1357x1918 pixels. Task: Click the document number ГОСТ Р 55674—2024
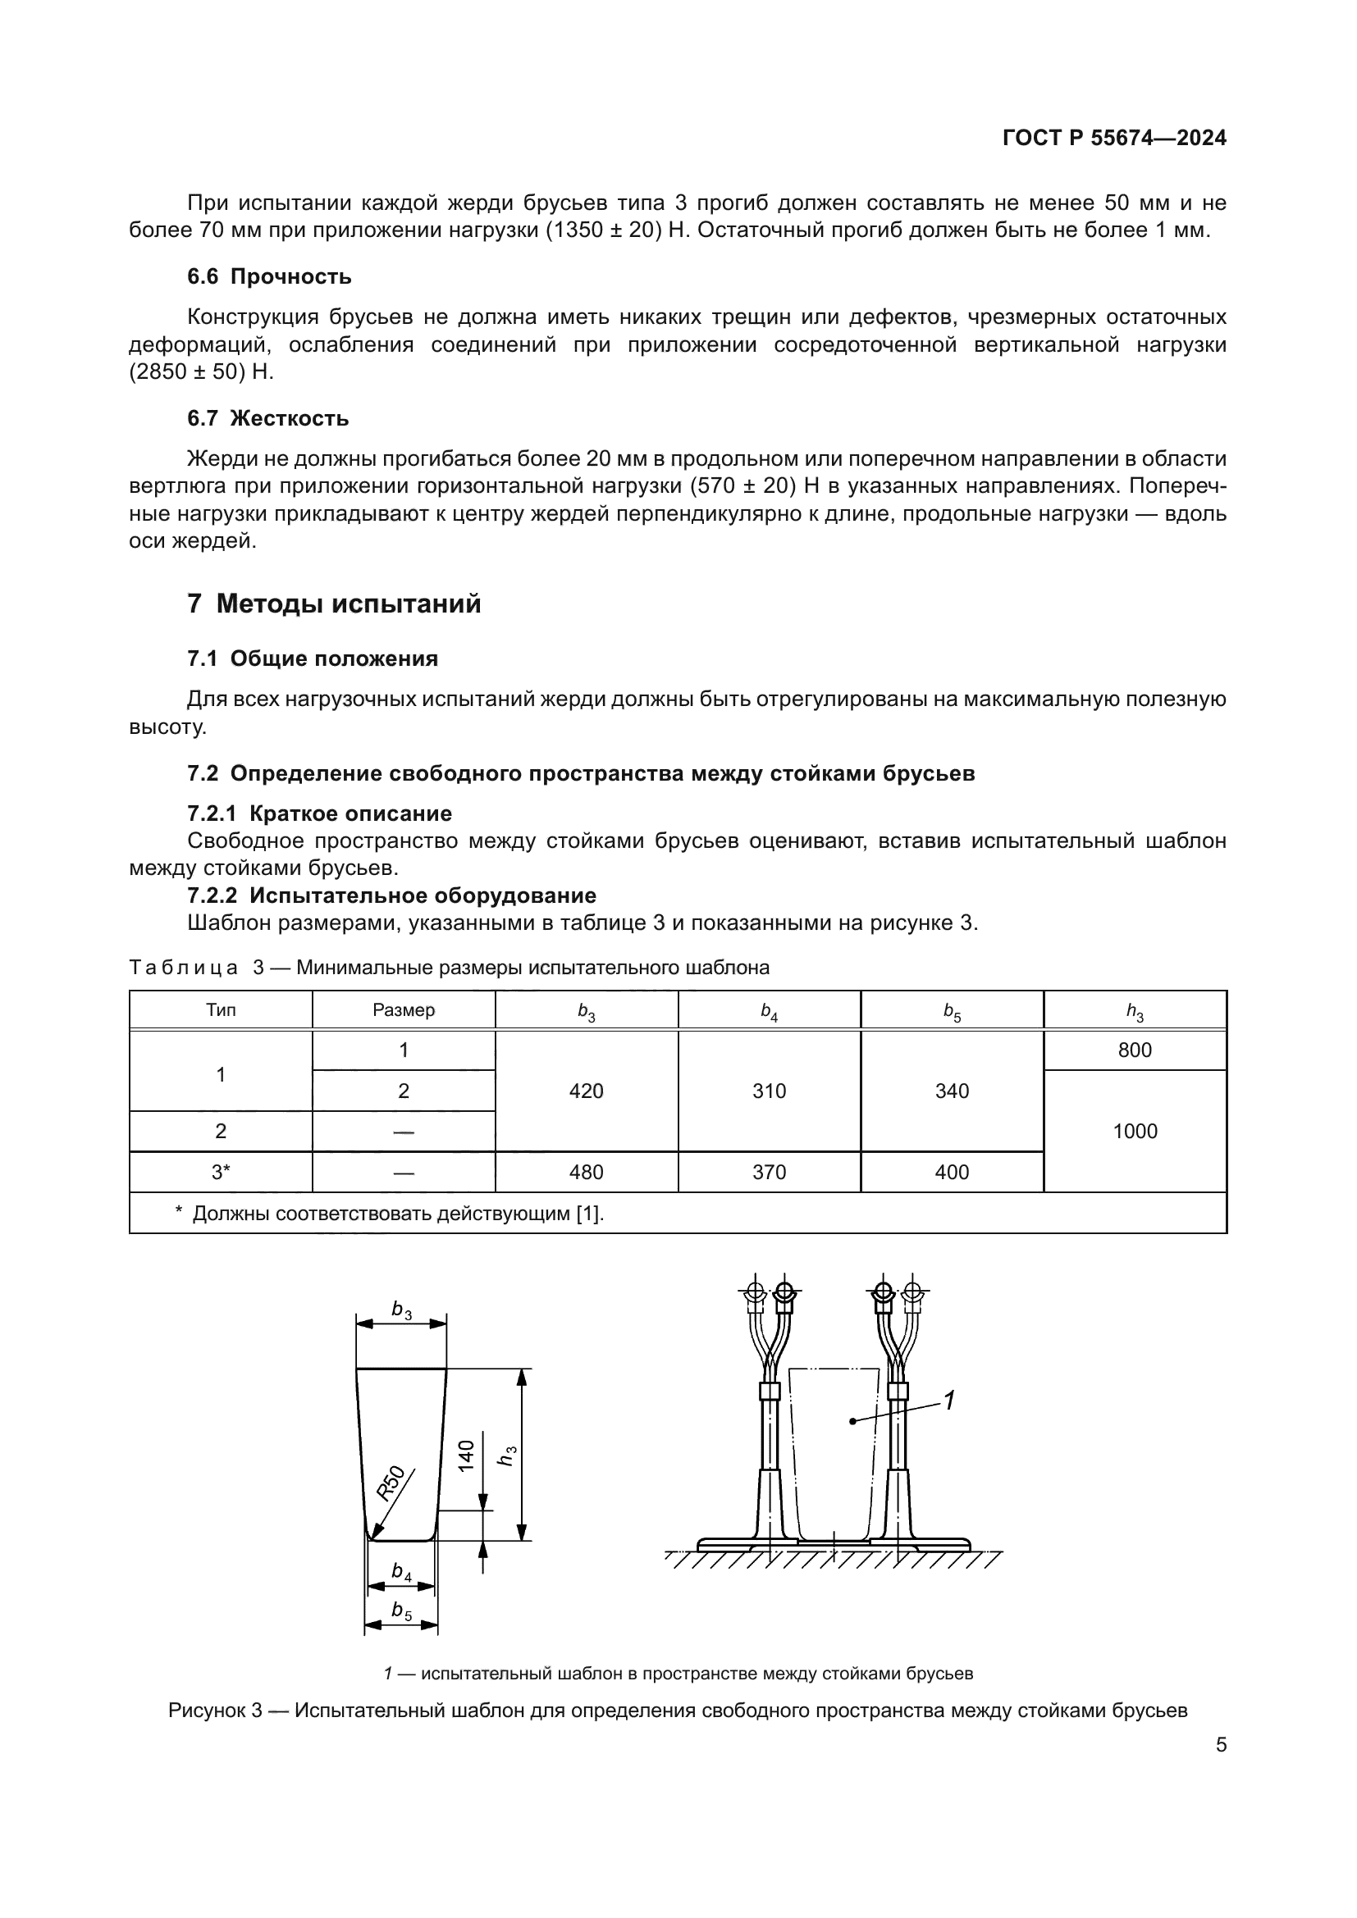pos(1114,138)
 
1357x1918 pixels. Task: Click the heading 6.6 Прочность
pos(269,276)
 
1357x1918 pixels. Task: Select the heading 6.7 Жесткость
pos(267,418)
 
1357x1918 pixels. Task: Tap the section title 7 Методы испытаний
pos(333,604)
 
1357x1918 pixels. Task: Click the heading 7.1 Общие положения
pos(313,659)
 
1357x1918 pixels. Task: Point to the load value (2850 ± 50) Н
pos(201,372)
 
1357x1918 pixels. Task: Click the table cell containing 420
pos(586,1091)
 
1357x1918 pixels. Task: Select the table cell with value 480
pos(586,1172)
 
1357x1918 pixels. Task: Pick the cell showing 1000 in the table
pos(1135,1131)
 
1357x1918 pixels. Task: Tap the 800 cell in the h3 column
pos(1135,1050)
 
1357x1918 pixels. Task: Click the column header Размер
pos(404,1010)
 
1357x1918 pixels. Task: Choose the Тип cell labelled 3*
pos(221,1172)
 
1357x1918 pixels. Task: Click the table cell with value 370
pos(769,1172)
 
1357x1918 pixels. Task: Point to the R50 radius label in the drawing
pos(391,1483)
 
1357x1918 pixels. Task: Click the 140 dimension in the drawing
pos(466,1456)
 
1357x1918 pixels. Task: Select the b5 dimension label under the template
pos(402,1610)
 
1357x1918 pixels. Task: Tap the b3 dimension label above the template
pos(402,1309)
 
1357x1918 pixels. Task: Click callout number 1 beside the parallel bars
pos(948,1399)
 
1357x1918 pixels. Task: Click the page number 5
pos(1221,1744)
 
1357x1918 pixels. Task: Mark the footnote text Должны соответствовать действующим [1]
pos(398,1214)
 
